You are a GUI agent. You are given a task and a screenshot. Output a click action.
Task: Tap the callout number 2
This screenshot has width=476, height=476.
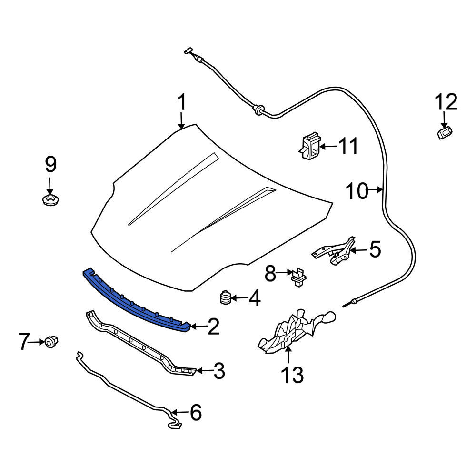[213, 327]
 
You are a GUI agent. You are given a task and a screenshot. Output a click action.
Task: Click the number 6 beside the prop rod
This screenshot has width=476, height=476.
[196, 412]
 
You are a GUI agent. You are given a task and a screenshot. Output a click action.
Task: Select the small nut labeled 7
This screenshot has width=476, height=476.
[51, 342]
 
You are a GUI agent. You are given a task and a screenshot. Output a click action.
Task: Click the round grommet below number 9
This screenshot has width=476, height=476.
[50, 201]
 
